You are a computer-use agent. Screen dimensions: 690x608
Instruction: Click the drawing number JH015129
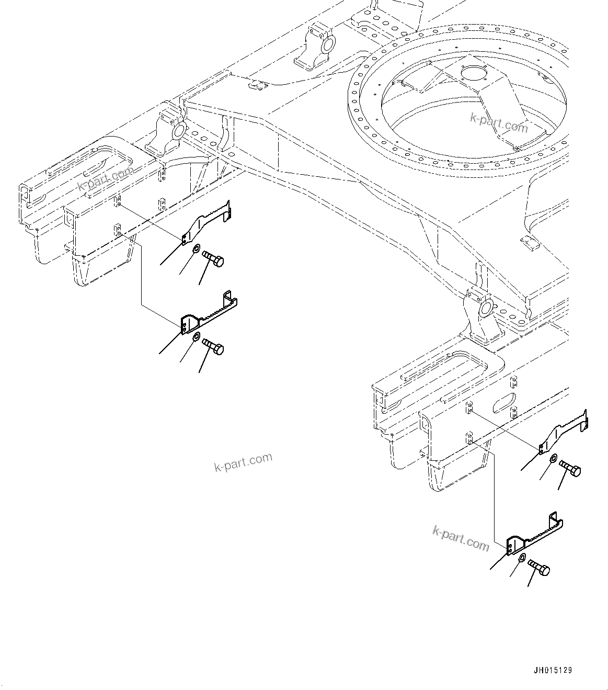point(553,670)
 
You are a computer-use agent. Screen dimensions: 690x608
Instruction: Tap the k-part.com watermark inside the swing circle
point(499,123)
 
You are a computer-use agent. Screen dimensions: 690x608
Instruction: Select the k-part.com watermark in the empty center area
point(243,461)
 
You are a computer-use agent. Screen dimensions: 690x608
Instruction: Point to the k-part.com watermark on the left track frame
point(106,179)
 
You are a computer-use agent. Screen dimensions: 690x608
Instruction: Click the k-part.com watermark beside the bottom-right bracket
point(461,538)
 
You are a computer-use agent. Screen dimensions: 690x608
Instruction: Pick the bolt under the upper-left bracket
point(212,258)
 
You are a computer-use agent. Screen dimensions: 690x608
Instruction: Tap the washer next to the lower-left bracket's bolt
point(196,336)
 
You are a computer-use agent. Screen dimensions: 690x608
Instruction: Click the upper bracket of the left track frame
point(207,222)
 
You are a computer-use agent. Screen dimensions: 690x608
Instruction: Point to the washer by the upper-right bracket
point(553,458)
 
